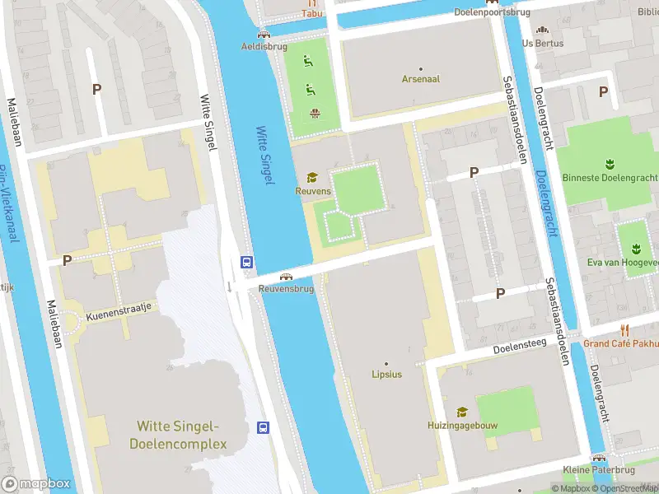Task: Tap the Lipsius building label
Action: point(386,375)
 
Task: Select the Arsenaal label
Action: point(420,79)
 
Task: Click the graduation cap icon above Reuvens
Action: point(312,177)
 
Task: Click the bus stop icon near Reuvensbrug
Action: point(246,262)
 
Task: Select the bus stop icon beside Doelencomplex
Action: point(264,427)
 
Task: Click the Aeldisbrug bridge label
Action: point(263,46)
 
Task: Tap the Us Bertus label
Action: point(543,43)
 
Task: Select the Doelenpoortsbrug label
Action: point(491,12)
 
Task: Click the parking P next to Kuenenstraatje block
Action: point(66,260)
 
